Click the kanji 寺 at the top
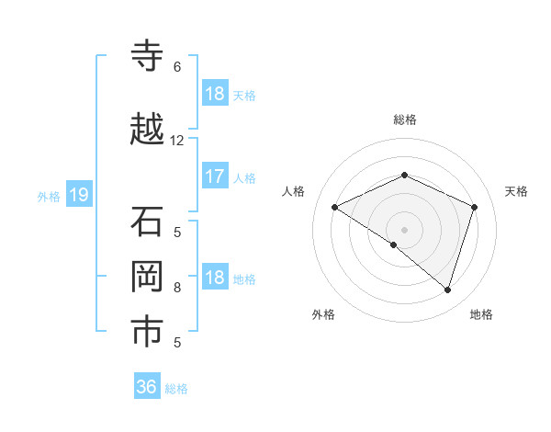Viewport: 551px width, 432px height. (148, 57)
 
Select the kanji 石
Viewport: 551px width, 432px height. (148, 222)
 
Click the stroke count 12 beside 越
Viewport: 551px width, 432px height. (177, 141)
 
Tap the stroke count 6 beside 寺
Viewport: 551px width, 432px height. (177, 67)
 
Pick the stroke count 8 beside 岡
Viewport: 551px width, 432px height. (177, 288)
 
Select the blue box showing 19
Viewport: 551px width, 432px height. (78, 195)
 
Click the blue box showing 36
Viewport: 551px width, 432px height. (147, 387)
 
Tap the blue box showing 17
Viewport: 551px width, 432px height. (214, 176)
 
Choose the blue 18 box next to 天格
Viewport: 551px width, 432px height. (214, 94)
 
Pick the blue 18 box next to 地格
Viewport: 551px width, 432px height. (214, 279)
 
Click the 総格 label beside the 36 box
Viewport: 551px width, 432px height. (176, 389)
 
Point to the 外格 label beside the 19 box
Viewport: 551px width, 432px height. (48, 196)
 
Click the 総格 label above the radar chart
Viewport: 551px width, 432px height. (404, 119)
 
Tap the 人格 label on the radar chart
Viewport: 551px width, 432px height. (293, 191)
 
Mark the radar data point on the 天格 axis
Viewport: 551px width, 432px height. (474, 207)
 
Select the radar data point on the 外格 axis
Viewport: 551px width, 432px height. (394, 244)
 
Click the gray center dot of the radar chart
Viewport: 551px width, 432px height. (404, 229)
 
